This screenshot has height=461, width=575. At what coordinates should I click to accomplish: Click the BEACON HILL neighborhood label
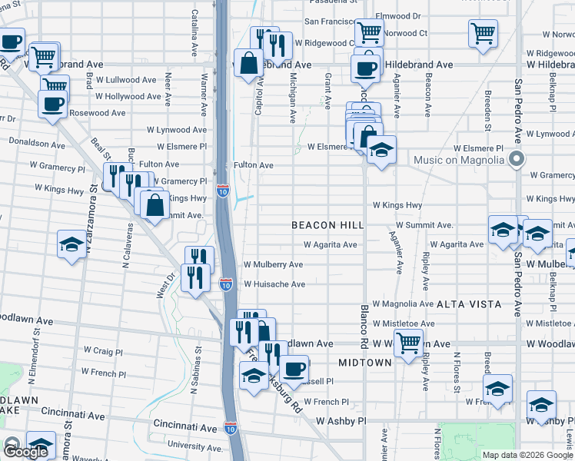point(324,225)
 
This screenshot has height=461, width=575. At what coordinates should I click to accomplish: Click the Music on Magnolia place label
point(461,160)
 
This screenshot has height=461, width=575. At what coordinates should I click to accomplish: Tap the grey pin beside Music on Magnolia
point(517,160)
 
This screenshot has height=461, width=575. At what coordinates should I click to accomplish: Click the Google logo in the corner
point(25,452)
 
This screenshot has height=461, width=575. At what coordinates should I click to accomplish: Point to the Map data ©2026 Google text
point(527,455)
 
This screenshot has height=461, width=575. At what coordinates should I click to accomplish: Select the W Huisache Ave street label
point(274,284)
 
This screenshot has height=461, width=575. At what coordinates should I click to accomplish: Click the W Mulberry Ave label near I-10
point(273,264)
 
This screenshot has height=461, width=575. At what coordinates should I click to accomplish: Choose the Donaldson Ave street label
point(37,144)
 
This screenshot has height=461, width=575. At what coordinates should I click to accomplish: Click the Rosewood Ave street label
point(97,113)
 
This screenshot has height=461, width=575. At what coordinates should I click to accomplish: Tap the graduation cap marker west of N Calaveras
point(71,244)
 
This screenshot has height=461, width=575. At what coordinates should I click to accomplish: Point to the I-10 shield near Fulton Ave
point(222,191)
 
